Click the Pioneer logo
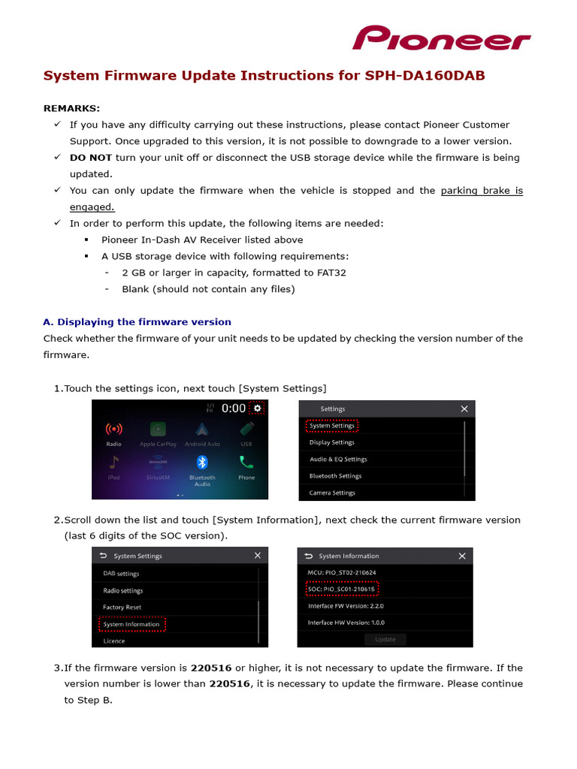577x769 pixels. (x=442, y=38)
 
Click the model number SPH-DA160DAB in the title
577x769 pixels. (x=424, y=76)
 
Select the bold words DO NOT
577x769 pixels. (x=91, y=158)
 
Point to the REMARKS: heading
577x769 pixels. (x=71, y=108)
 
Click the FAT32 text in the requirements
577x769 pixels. (x=331, y=273)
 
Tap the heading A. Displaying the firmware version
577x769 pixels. (x=137, y=322)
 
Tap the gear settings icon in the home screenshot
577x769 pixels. (x=258, y=408)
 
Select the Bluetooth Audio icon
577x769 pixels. (x=201, y=467)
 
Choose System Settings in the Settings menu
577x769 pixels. (x=332, y=426)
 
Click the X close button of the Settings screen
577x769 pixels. (x=464, y=409)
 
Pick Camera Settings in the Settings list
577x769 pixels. (x=332, y=493)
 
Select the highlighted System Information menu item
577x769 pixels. (x=131, y=624)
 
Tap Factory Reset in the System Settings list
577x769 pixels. (x=122, y=607)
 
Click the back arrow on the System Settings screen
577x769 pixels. (x=104, y=556)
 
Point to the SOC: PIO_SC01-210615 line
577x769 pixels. (x=342, y=589)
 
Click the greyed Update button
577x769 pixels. (x=385, y=639)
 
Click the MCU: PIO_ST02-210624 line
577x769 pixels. (x=342, y=572)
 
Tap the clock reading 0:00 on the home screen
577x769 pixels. (x=234, y=409)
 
